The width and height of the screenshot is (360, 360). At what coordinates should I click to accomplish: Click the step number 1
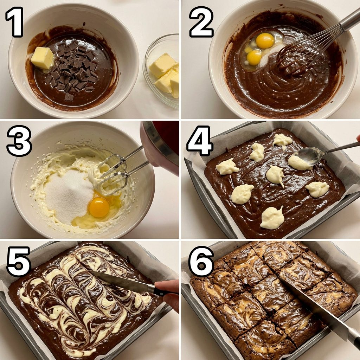(x=14, y=22)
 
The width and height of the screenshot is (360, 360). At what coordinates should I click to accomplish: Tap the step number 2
(x=201, y=22)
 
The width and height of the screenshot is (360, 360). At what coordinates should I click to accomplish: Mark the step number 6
(x=201, y=261)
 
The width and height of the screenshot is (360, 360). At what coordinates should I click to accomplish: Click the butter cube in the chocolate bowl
(x=42, y=58)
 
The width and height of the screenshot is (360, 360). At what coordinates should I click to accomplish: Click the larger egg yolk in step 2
(x=265, y=41)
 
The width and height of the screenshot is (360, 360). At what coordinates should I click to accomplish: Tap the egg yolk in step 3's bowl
(x=99, y=207)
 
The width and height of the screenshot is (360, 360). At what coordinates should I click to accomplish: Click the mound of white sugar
(x=69, y=196)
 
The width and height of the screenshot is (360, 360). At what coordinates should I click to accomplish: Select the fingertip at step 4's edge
(x=358, y=138)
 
